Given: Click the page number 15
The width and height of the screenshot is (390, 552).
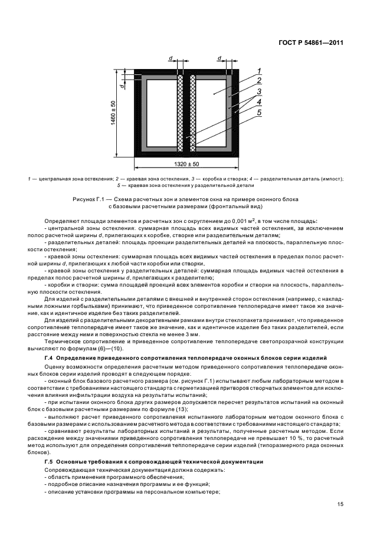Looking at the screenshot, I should click(340, 503).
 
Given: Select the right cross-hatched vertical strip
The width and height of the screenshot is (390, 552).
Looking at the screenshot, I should click(192, 112).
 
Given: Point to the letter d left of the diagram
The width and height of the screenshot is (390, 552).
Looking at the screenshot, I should click(121, 86).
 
